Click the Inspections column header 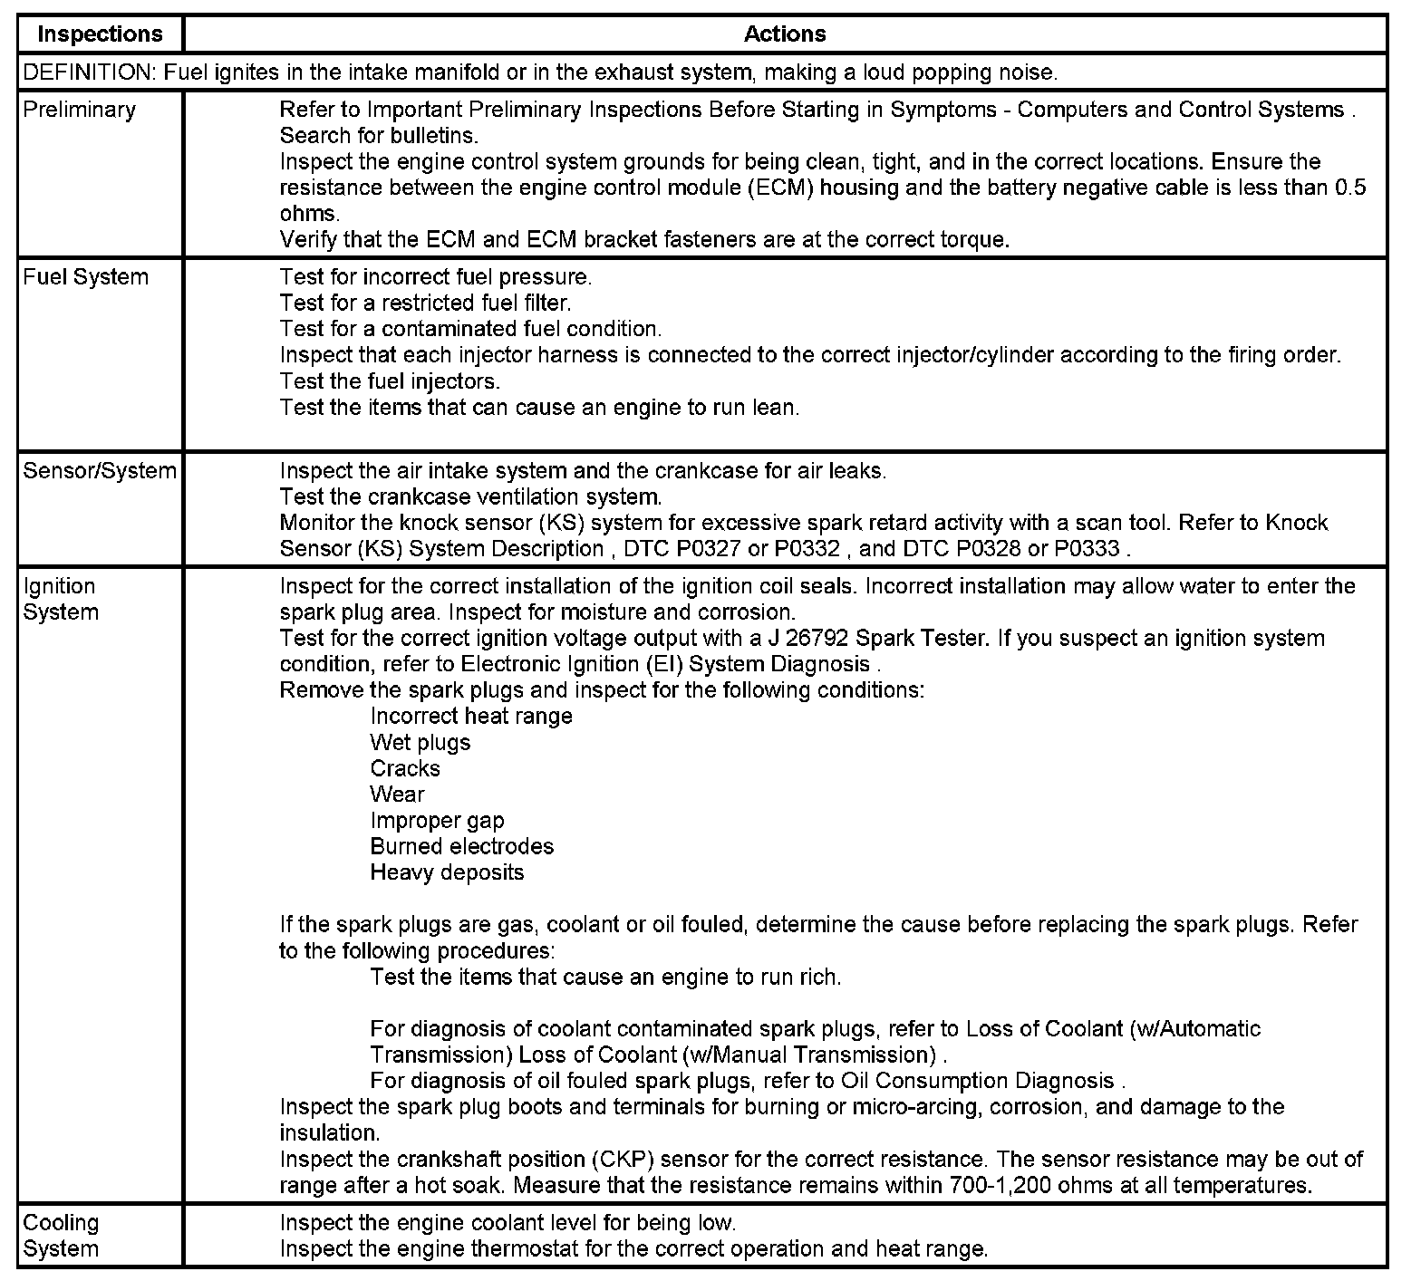point(100,34)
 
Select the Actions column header point(785,34)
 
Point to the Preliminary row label point(79,110)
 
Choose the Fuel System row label point(85,277)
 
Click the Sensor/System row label point(100,471)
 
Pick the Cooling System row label point(61,1236)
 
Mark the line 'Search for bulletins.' point(379,136)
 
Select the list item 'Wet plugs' point(420,743)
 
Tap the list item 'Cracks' point(405,769)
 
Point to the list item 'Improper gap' point(437,821)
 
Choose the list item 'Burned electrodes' point(462,847)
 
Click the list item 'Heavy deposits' point(447,873)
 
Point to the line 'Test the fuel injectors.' point(390,381)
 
